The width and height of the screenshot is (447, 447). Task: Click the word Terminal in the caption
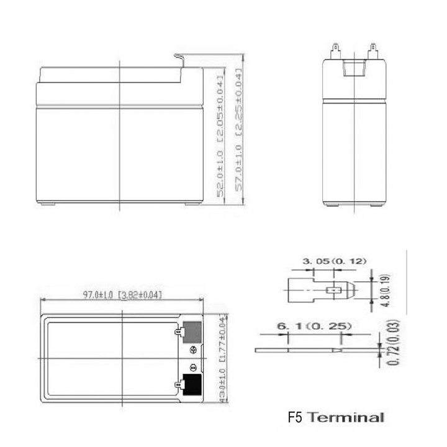(349, 417)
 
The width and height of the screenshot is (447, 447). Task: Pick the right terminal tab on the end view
(373, 48)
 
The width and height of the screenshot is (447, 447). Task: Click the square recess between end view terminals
(354, 68)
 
